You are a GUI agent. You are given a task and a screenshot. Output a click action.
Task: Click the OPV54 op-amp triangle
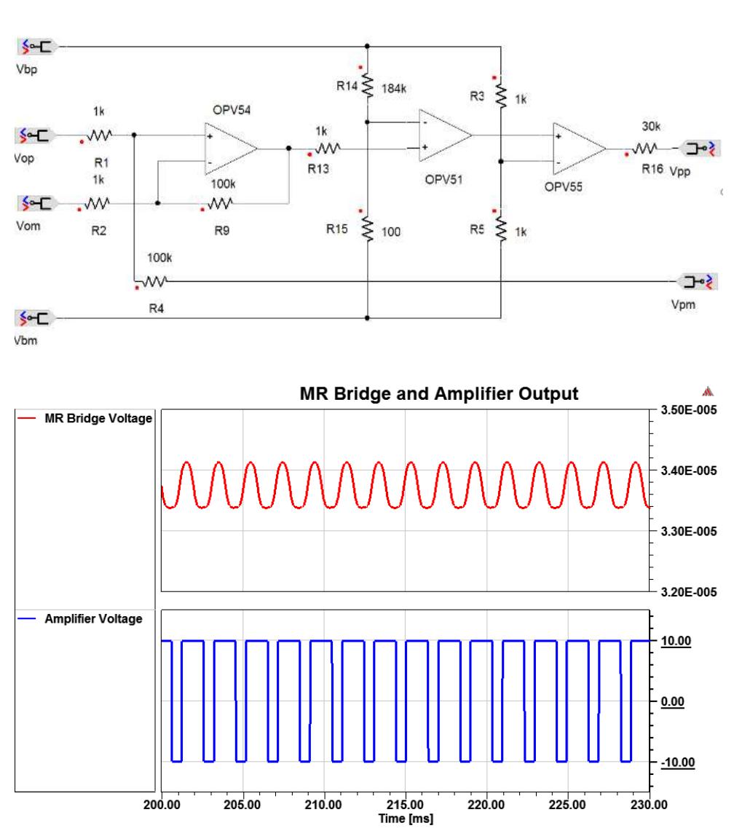click(232, 147)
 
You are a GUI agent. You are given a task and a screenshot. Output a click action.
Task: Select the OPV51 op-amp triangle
click(445, 135)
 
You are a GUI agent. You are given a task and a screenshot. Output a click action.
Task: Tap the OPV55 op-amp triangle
click(579, 148)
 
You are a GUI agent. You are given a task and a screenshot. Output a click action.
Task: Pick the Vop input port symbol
click(36, 135)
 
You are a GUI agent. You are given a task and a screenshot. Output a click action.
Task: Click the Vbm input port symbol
click(36, 318)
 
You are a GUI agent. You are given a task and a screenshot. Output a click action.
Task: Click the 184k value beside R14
click(395, 86)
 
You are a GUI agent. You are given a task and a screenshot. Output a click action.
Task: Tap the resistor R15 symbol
click(368, 230)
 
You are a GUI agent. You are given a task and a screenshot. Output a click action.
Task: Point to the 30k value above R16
click(647, 126)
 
